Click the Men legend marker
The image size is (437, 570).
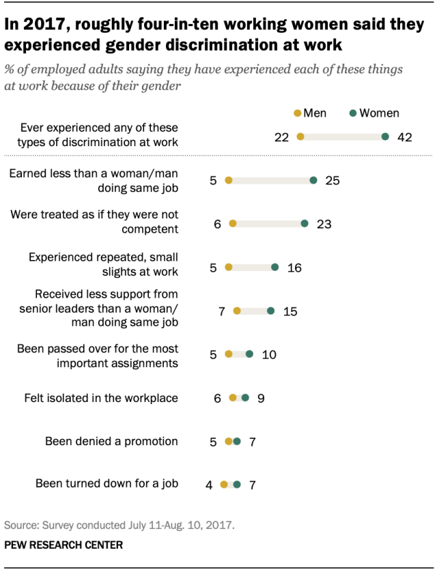(296, 113)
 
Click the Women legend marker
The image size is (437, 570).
(352, 113)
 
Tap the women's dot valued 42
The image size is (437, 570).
(386, 137)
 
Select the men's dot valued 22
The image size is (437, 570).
(300, 137)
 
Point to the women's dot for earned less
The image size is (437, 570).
(313, 181)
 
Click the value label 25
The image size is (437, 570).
(333, 181)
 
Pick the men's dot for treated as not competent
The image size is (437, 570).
(233, 223)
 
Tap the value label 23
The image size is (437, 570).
(324, 223)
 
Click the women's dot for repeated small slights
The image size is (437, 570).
(275, 268)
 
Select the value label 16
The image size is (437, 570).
(294, 268)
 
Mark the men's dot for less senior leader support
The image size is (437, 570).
(237, 311)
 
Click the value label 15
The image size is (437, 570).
(290, 311)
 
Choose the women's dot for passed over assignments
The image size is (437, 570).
(249, 354)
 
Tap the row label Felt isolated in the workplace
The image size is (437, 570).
(101, 398)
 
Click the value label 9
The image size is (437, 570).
(261, 398)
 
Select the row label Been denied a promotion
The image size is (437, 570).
(111, 442)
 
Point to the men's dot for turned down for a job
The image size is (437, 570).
(224, 485)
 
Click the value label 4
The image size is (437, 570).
(209, 485)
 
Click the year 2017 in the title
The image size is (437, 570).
(40, 25)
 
